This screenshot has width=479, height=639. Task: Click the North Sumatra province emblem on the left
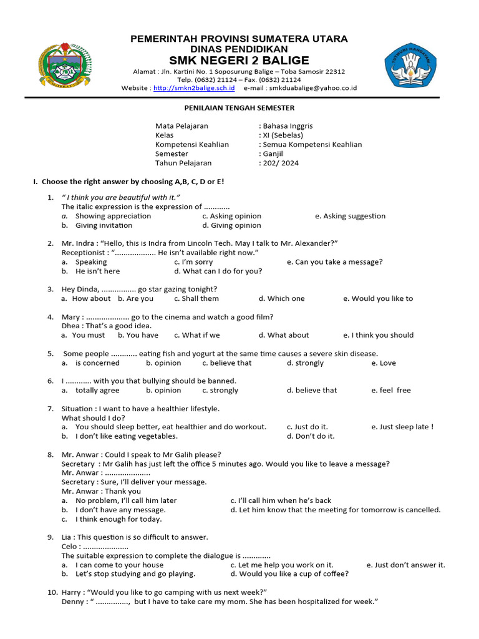point(65,66)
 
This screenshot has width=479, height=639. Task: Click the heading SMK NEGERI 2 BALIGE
point(239,61)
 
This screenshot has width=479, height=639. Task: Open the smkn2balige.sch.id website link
point(194,89)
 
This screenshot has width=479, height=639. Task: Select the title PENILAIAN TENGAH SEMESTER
point(239,108)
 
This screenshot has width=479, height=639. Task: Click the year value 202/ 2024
point(279,163)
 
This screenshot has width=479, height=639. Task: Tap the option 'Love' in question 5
point(387,363)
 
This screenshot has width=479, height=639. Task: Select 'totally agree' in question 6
point(97,390)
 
